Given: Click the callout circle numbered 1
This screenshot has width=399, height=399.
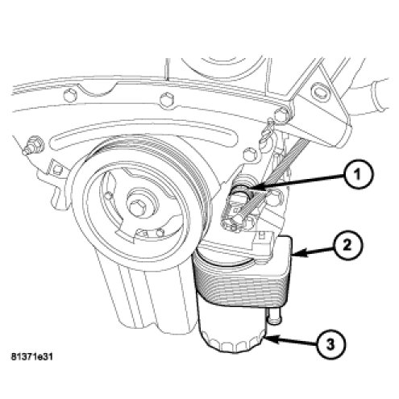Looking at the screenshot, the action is [x=356, y=175].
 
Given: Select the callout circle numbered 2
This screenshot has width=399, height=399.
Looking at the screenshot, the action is [x=347, y=245].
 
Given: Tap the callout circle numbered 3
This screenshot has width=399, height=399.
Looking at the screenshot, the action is [x=330, y=344].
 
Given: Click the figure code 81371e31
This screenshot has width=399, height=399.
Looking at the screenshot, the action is [x=31, y=357].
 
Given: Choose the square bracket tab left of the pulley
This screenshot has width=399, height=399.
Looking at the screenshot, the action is [x=56, y=168].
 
